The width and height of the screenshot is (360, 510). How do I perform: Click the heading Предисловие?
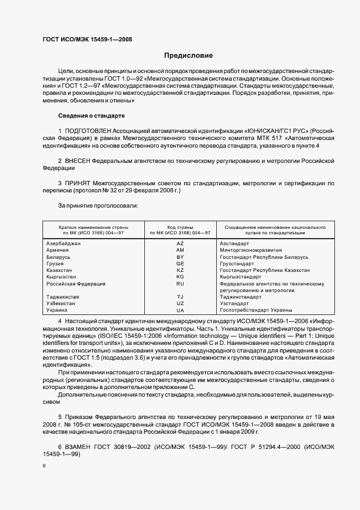click(188, 55)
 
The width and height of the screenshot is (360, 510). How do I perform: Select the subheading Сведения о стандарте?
click(91, 116)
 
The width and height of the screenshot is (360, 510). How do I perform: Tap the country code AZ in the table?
click(180, 243)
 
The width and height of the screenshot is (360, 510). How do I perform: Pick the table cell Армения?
click(58, 250)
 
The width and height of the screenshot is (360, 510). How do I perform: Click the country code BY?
click(180, 257)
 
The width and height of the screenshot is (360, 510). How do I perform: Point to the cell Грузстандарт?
click(237, 263)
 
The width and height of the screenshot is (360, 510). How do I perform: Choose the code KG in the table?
click(180, 277)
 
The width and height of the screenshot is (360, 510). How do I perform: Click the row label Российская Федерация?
click(76, 284)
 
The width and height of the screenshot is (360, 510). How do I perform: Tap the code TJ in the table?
click(180, 297)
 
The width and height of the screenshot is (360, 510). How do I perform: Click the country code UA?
click(180, 310)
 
